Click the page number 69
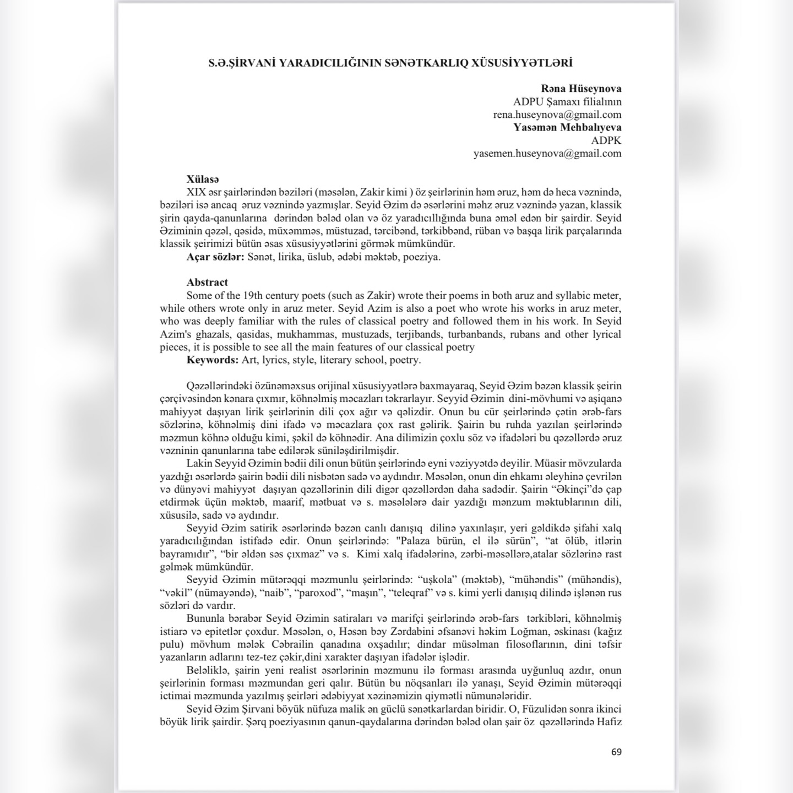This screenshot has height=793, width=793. point(616,752)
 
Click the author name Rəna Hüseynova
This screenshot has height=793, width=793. point(581,89)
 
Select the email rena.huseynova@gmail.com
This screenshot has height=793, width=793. point(557,115)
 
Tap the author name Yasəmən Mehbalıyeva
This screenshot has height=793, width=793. point(567,128)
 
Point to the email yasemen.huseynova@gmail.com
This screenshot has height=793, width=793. point(547,154)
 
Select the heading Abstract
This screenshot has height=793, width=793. point(207,283)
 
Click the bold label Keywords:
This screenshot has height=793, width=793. point(213,360)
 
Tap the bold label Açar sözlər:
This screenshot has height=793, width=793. point(215,257)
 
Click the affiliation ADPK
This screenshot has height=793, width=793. point(606,140)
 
